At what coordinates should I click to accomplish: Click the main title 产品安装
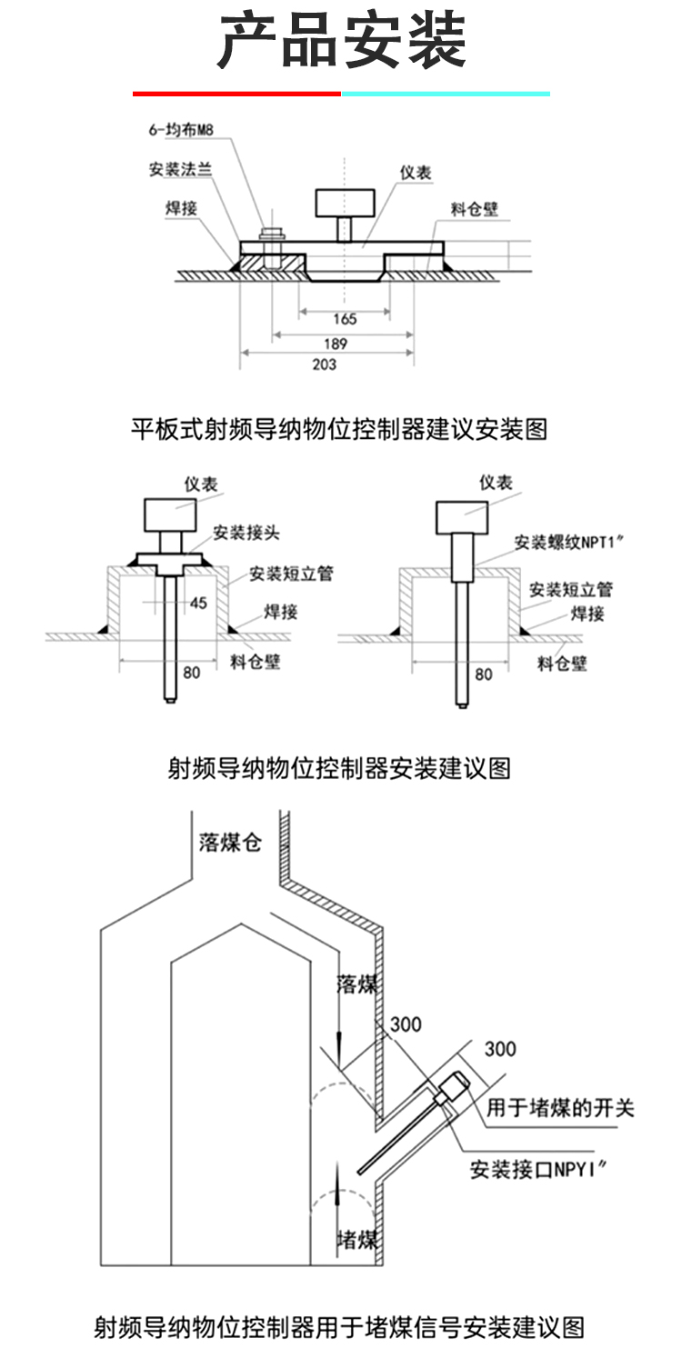coord(342,41)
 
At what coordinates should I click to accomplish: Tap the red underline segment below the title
coord(236,94)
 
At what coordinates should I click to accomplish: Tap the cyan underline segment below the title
coord(446,94)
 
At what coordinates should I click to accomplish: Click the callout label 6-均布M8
coord(181,130)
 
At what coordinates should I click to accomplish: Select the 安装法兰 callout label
coord(180,169)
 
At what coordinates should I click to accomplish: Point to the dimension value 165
coord(345,319)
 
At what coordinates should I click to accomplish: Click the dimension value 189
coord(335,344)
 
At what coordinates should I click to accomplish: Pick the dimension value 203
coord(324,364)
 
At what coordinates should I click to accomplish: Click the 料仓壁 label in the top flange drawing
coord(474,209)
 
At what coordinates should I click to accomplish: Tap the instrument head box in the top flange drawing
coord(345,203)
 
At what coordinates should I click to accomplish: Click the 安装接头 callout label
coord(246,533)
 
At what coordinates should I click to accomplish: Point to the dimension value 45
coord(198,603)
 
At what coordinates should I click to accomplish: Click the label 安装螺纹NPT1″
coord(568,542)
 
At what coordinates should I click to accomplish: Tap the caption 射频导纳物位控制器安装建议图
coord(339,768)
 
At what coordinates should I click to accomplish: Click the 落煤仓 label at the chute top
coord(230,842)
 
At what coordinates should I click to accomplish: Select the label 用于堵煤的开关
coord(560,1108)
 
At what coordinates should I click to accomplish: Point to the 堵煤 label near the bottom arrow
coord(356,1240)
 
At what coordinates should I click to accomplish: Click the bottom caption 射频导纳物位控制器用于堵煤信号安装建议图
coord(339,1328)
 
